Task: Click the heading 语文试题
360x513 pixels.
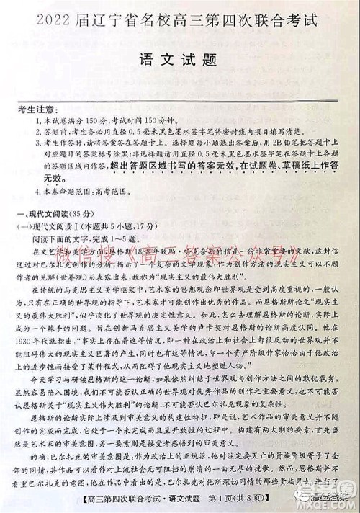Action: [x=181, y=61]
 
